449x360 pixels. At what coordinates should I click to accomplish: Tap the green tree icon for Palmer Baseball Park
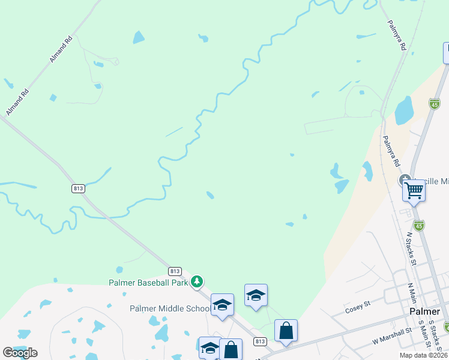click(197, 281)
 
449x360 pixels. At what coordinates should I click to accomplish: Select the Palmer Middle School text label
click(170, 308)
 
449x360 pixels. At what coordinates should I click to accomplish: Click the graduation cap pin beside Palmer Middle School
click(222, 305)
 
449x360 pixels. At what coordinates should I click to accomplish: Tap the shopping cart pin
click(414, 190)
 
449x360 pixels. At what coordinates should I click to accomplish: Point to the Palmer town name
click(425, 312)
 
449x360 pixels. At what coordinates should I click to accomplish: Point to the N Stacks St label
click(412, 248)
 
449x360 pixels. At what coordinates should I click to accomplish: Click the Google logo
click(20, 352)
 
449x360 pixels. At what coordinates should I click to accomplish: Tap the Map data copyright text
click(424, 355)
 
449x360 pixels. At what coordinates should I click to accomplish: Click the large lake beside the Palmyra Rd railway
click(404, 110)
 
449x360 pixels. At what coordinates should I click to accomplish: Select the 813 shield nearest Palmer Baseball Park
click(175, 271)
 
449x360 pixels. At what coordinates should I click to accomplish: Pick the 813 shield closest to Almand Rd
click(78, 188)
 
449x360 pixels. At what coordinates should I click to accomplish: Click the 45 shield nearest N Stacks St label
click(419, 226)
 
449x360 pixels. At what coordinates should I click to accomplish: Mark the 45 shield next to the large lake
click(435, 104)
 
